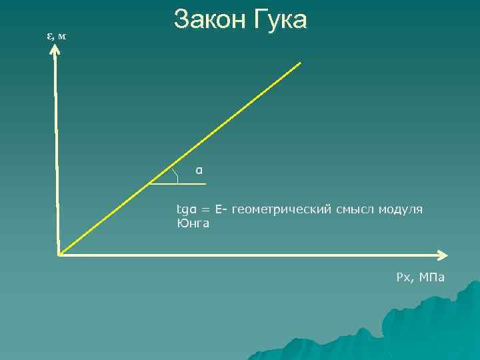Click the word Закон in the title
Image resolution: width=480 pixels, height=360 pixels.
pos(210,20)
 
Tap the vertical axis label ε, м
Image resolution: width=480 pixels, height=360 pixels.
pos(56,35)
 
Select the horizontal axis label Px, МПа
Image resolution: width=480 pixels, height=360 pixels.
pos(420,277)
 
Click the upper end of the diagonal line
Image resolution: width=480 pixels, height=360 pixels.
pos(300,63)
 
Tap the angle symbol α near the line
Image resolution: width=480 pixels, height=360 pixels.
pos(199,170)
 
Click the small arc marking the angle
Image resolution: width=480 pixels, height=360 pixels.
pos(175,175)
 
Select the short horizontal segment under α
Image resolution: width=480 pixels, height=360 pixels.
pos(180,183)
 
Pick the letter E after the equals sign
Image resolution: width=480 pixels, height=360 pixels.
pos(219,209)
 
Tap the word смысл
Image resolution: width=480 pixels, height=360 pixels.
pos(355,209)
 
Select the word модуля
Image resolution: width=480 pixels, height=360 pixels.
pos(401,210)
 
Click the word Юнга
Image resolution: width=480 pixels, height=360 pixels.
pos(193,223)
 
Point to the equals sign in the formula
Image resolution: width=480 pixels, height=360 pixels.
pos(206,210)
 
